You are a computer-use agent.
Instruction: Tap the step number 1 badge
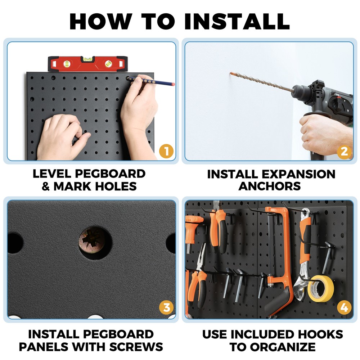pyautogui.click(x=166, y=151)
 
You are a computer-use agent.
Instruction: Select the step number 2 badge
pyautogui.click(x=344, y=152)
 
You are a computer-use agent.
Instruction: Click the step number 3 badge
pyautogui.click(x=166, y=308)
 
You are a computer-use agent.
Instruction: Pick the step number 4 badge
pyautogui.click(x=344, y=308)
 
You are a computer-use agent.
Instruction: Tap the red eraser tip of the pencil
pyautogui.click(x=173, y=85)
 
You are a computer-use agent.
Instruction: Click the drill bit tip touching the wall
pyautogui.click(x=231, y=74)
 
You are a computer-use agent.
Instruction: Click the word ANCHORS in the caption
pyautogui.click(x=270, y=186)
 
